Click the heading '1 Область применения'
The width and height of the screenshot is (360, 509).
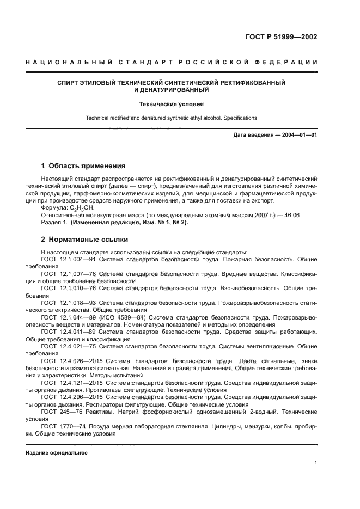tap(83, 165)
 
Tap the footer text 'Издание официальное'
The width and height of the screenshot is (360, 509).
tap(57, 452)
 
